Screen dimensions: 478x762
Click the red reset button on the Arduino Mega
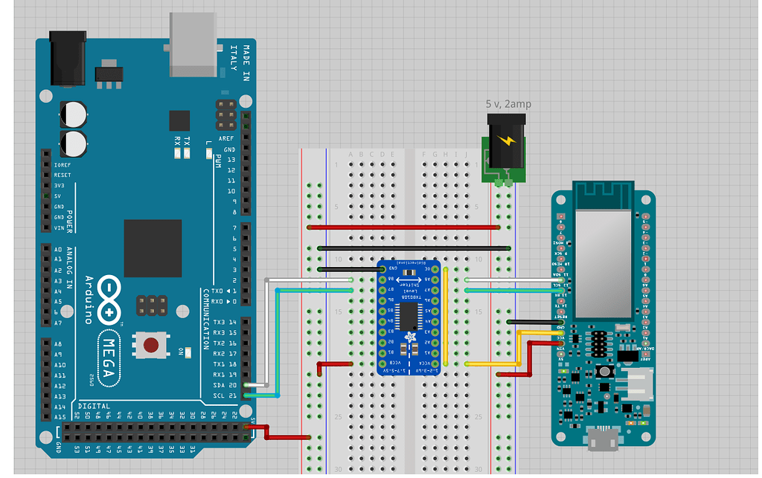tap(151, 345)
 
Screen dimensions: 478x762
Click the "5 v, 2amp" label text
tap(508, 104)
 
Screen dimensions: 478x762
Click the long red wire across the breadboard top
tap(402, 227)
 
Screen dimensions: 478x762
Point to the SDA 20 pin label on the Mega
tap(223, 385)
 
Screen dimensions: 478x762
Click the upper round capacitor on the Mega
tap(74, 114)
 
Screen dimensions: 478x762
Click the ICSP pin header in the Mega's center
tap(152, 304)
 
